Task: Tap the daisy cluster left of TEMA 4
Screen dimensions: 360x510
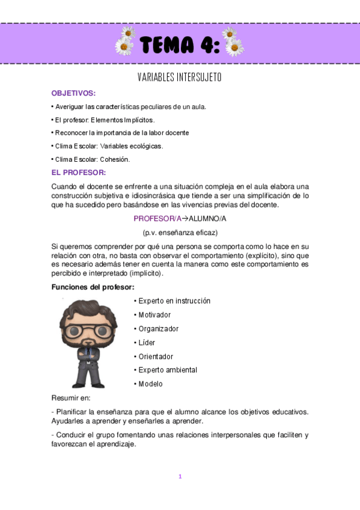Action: tap(125, 40)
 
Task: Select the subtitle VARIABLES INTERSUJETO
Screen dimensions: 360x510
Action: tap(180, 78)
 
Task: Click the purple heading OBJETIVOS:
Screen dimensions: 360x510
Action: tap(73, 93)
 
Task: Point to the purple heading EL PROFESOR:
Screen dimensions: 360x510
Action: tap(78, 173)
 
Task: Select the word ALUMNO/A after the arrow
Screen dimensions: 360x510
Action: tap(207, 218)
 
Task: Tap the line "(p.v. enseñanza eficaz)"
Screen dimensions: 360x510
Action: tap(180, 232)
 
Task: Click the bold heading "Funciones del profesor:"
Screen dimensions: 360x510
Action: tap(88, 287)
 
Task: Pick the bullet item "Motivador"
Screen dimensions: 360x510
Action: tap(154, 315)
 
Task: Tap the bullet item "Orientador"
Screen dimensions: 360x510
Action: tap(156, 356)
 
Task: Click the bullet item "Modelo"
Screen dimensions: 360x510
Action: tap(150, 384)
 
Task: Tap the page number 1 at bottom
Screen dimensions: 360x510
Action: tap(180, 476)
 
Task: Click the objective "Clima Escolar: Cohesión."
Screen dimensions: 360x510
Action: tap(92, 159)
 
